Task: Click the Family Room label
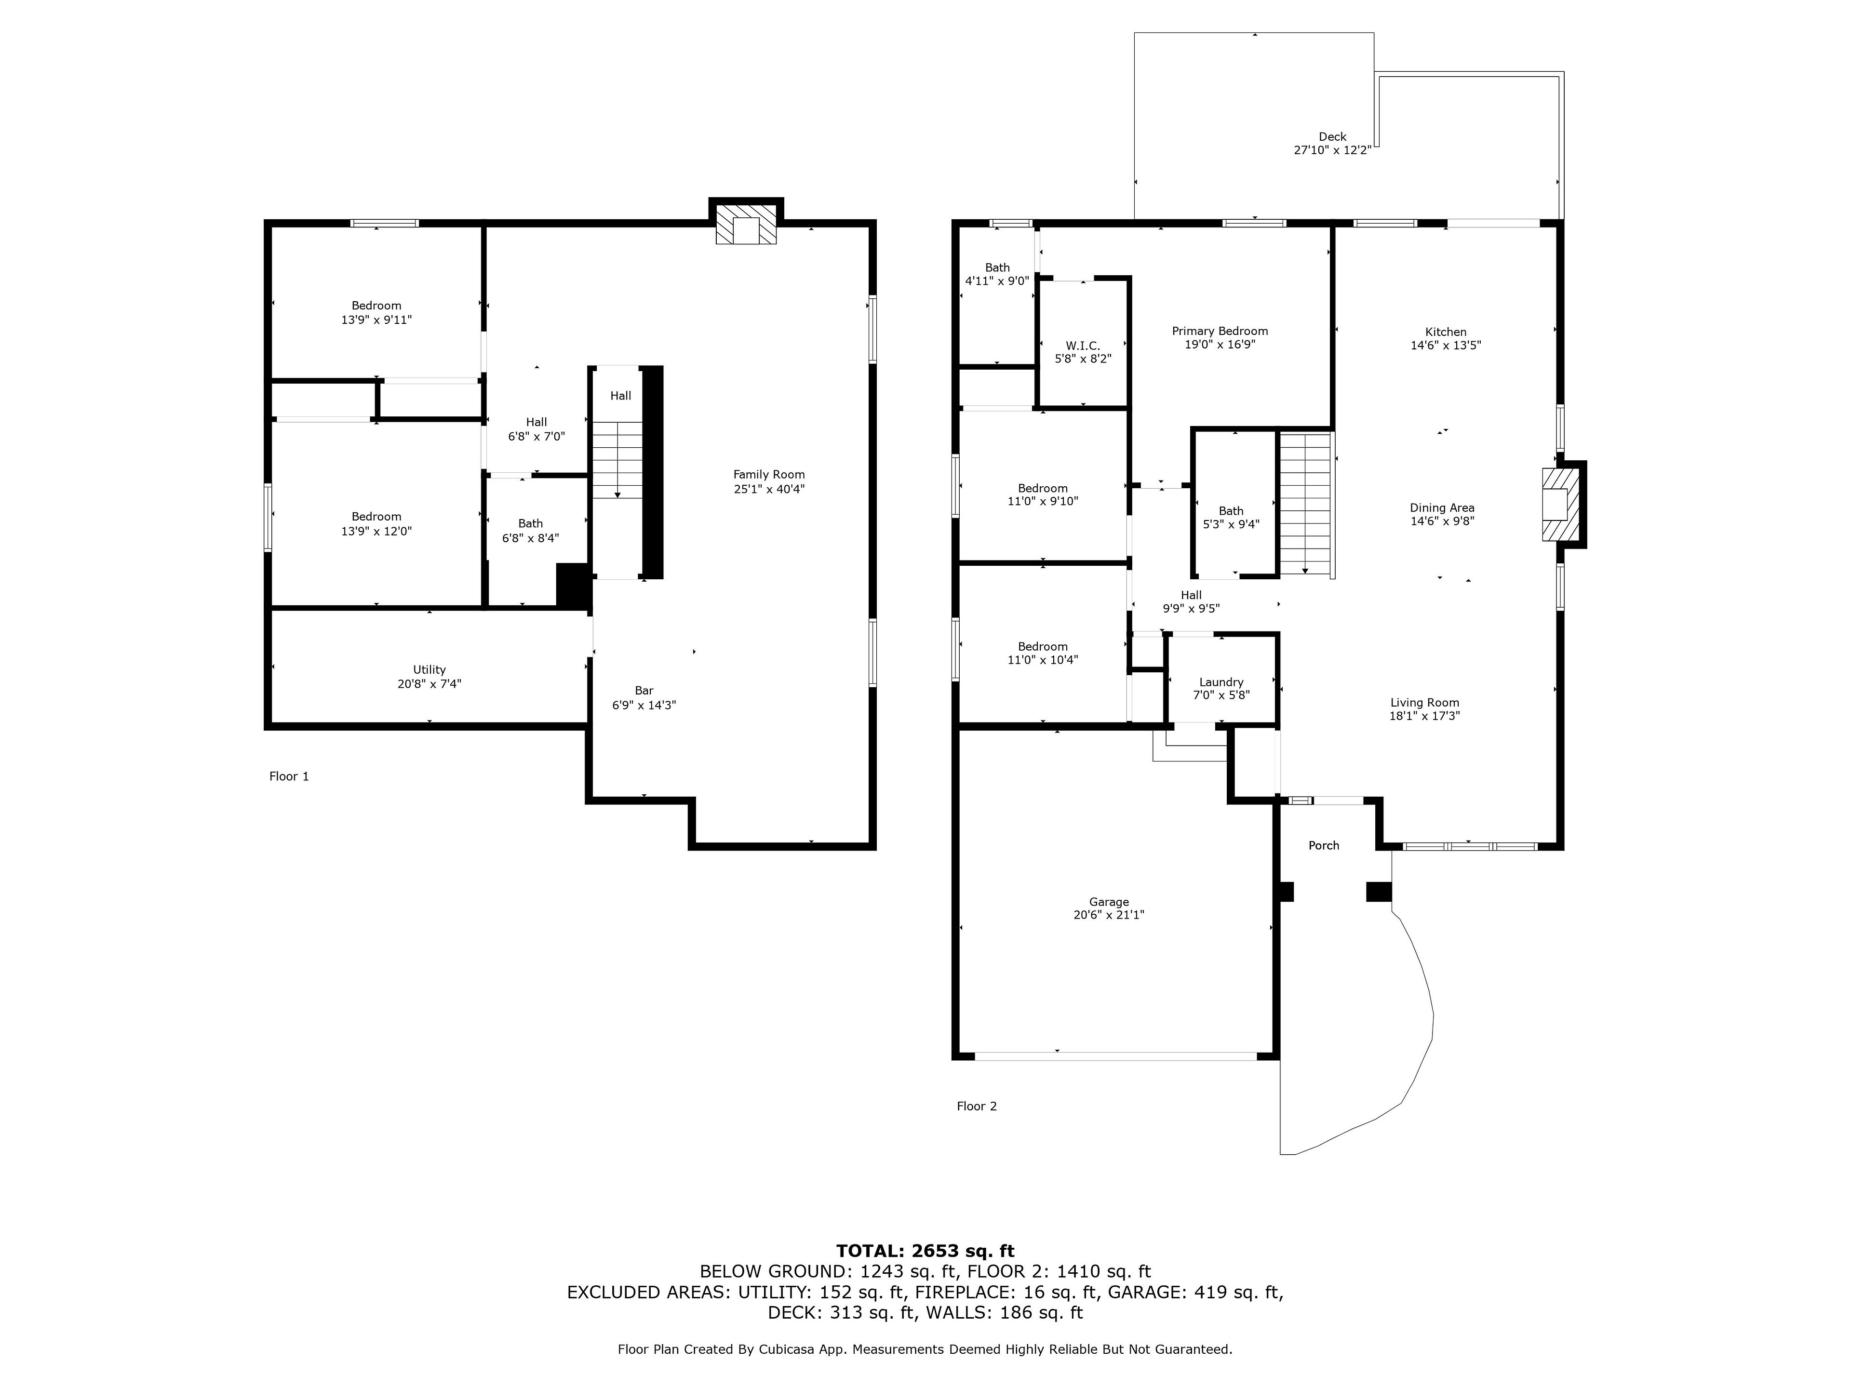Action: pos(769,474)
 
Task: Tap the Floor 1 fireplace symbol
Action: pos(746,224)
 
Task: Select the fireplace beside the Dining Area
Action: pos(1561,505)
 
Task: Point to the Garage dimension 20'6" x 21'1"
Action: pos(1109,914)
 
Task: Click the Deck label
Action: pos(1332,136)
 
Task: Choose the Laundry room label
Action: pos(1221,682)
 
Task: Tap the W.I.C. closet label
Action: pos(1083,346)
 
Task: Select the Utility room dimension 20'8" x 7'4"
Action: pos(429,683)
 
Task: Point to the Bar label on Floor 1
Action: pos(644,690)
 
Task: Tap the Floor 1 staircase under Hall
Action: pos(617,460)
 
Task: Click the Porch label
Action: pos(1324,845)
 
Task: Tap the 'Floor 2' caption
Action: pos(977,1106)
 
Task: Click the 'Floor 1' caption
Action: pos(289,776)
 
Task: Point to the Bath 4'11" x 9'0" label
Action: pos(997,274)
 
